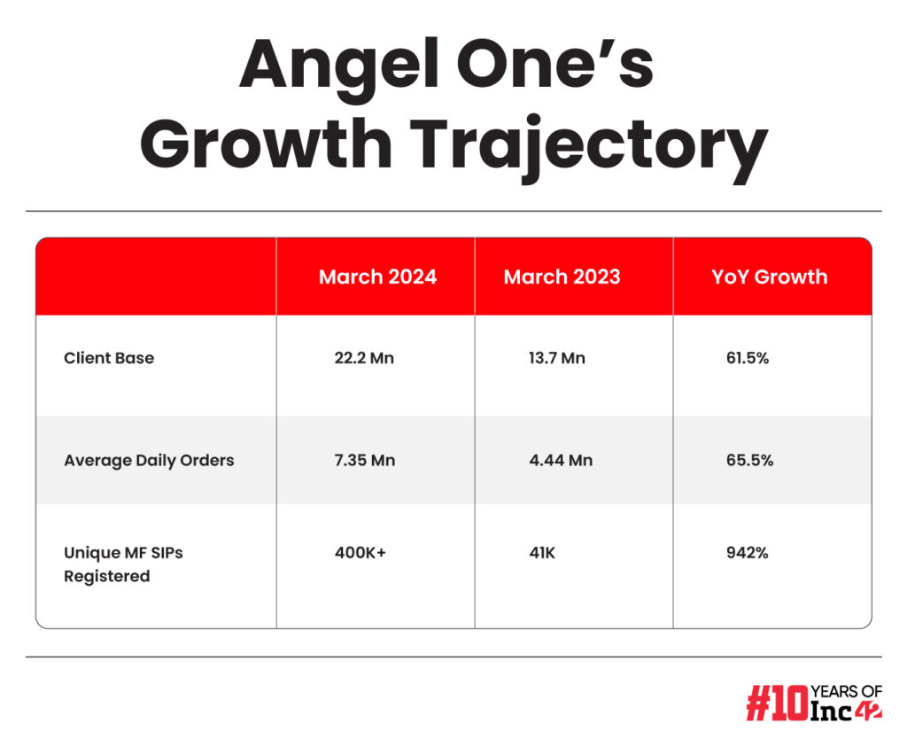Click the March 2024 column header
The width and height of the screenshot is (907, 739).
coord(377,276)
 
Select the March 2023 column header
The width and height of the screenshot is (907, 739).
coord(562,276)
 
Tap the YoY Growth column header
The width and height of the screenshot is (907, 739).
coord(770,276)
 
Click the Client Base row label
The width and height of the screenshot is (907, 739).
coord(109,358)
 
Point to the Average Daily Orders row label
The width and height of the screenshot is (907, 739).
coord(149,461)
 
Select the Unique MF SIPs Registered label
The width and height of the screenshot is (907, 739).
coord(123,564)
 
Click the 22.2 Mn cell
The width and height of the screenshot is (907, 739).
coord(364,358)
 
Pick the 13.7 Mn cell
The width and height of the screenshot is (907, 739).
coord(556,358)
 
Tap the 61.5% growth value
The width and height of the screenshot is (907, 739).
coord(748,358)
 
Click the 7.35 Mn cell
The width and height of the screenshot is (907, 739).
coord(364,460)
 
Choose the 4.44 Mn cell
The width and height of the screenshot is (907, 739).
coord(561,460)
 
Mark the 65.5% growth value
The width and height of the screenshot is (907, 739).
coord(749,460)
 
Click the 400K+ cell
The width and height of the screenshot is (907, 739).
coord(360,553)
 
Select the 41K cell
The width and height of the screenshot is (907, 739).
coord(542,553)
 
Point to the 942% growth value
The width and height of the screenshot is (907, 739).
coord(748,553)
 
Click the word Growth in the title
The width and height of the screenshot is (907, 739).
coord(266,144)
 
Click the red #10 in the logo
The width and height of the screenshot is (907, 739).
coord(777,703)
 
